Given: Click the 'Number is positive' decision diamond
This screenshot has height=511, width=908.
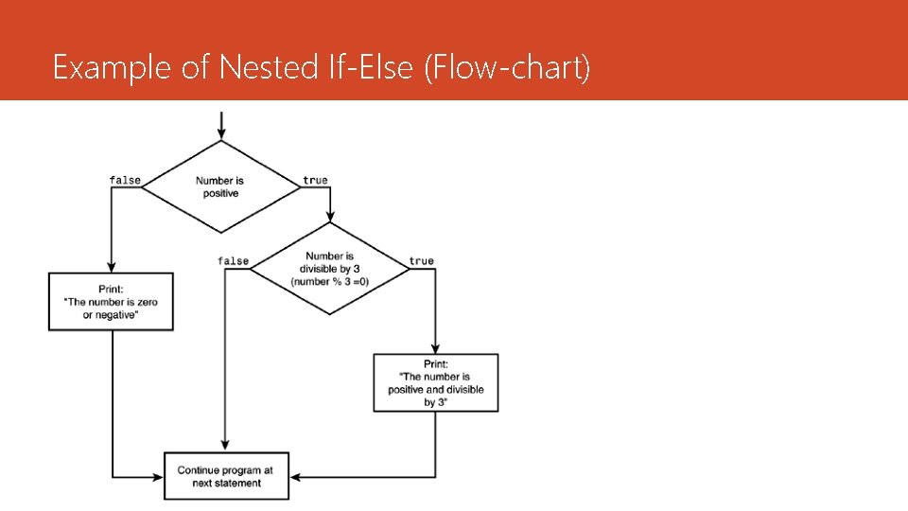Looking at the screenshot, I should tap(220, 186).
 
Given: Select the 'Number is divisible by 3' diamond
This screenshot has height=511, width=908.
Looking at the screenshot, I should tap(330, 269).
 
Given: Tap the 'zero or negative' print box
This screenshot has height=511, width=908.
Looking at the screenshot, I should tap(111, 302).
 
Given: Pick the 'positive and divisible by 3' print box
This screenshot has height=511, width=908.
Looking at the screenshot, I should tap(436, 382).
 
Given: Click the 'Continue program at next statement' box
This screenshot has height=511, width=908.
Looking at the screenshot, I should tap(226, 476).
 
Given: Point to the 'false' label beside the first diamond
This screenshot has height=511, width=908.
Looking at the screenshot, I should tap(125, 180).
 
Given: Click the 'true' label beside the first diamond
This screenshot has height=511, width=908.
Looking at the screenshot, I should tap(315, 180).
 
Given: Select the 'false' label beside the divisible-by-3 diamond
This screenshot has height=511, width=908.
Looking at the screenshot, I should tap(233, 261).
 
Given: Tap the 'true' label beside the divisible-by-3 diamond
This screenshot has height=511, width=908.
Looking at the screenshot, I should tap(422, 261).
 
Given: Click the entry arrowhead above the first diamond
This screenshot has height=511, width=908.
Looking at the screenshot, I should tap(220, 134).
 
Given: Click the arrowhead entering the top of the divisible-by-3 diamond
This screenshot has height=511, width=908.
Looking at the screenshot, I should tap(330, 218).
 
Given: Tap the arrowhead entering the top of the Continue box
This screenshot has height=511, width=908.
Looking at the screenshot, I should tap(225, 447).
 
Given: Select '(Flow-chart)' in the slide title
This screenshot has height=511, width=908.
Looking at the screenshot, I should tap(508, 67).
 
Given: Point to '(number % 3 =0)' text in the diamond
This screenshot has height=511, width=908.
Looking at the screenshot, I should tap(330, 282).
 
